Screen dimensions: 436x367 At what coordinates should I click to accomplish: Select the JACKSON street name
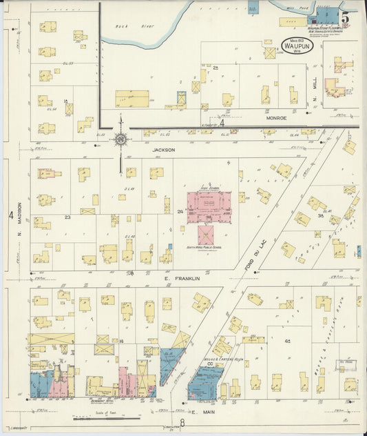pyautogui.click(x=164, y=149)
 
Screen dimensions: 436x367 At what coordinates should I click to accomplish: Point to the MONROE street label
pyautogui.click(x=276, y=118)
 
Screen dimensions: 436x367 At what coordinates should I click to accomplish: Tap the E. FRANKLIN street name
pyautogui.click(x=186, y=278)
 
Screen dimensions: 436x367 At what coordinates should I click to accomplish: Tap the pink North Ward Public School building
pyautogui.click(x=206, y=235)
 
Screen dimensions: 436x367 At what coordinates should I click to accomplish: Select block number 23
pyautogui.click(x=67, y=217)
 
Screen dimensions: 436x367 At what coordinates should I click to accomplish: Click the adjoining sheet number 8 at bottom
pyautogui.click(x=182, y=424)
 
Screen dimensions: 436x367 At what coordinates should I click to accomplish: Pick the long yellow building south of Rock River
pyautogui.click(x=132, y=99)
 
